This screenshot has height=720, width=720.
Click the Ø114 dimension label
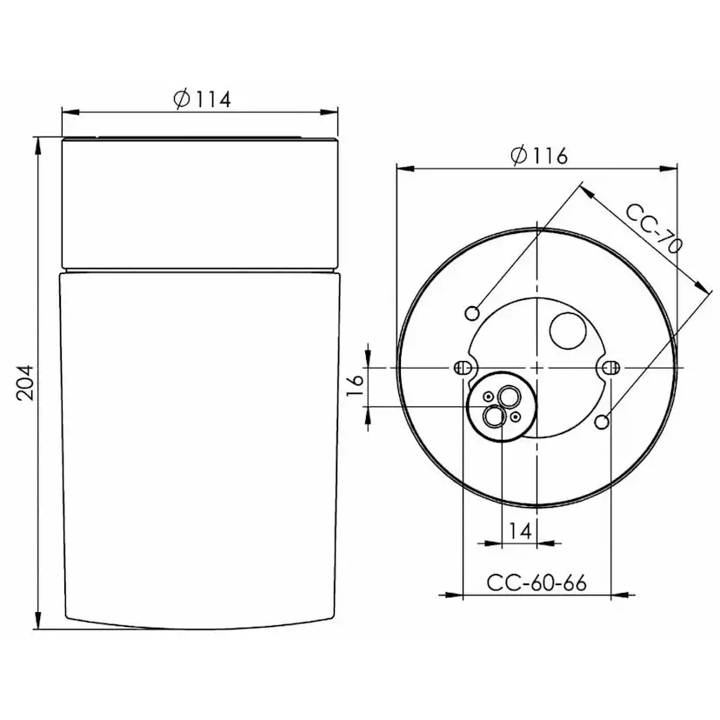(x=202, y=99)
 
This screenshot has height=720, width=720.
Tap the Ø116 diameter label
(x=539, y=156)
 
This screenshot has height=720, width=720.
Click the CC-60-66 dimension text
(x=536, y=583)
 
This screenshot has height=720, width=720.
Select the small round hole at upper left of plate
(x=473, y=312)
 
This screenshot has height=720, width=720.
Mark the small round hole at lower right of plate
(x=602, y=423)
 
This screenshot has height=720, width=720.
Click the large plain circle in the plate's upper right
(x=569, y=330)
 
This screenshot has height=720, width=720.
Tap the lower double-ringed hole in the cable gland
(x=494, y=417)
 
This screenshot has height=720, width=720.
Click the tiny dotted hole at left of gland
(x=489, y=397)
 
